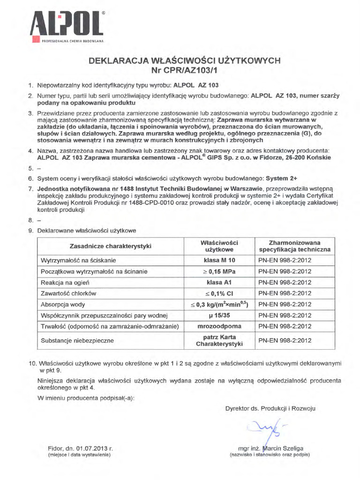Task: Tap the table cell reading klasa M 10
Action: pyautogui.click(x=219, y=260)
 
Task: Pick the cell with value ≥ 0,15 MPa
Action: pyautogui.click(x=219, y=271)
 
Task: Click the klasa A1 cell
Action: pyautogui.click(x=219, y=282)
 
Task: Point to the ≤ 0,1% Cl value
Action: pyautogui.click(x=219, y=293)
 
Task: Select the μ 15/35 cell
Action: pyautogui.click(x=219, y=315)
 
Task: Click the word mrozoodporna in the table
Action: pyautogui.click(x=219, y=326)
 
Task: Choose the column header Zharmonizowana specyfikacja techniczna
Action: pyautogui.click(x=294, y=247)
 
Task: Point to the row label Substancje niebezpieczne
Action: pyautogui.click(x=78, y=341)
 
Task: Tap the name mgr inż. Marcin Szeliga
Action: pyautogui.click(x=270, y=448)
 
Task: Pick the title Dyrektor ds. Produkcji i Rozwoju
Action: pyautogui.click(x=270, y=408)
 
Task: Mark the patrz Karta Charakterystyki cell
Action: pyautogui.click(x=219, y=341)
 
